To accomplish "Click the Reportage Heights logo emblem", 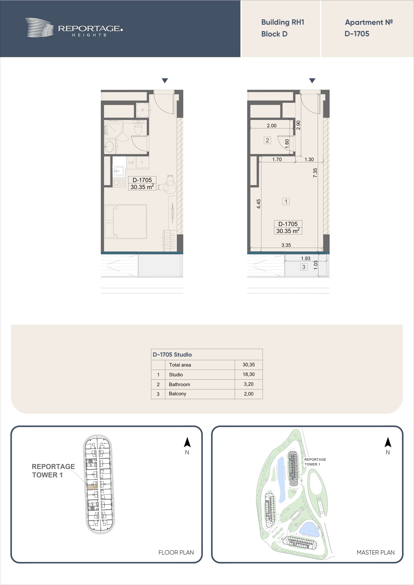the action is click(x=39, y=28).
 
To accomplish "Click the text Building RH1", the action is click(x=283, y=22).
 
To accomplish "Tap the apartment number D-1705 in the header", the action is click(x=357, y=34).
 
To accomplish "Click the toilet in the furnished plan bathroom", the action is click(x=138, y=128).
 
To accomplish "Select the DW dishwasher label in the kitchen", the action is click(x=131, y=163).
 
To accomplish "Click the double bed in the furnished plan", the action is click(x=126, y=221).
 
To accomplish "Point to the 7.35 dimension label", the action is click(x=315, y=173).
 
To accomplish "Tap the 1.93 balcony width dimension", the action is click(x=306, y=258).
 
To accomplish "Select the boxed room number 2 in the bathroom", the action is click(x=267, y=140).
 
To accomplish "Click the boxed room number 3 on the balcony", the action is click(x=304, y=267).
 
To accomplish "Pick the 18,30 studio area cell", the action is click(x=249, y=374).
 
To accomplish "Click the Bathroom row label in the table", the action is click(x=179, y=384).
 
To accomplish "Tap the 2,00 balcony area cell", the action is click(x=249, y=394).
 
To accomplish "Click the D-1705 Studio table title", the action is click(x=172, y=354).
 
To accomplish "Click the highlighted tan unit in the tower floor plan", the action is click(x=92, y=487).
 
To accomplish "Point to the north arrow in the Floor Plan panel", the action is click(x=187, y=443).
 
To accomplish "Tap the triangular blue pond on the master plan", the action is click(x=309, y=529).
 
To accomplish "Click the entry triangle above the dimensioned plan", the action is click(x=312, y=81).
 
